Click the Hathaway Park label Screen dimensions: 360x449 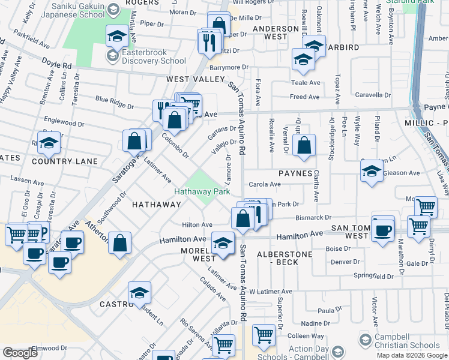click(202, 192)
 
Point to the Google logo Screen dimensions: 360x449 click(20, 353)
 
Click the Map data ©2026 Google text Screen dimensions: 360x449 click(411, 355)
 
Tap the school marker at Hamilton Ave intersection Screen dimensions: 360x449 click(223, 244)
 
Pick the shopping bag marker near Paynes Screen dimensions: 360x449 click(304, 145)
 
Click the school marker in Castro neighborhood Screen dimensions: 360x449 click(139, 293)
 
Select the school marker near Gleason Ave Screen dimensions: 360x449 click(372, 172)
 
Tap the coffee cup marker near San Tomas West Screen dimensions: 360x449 click(382, 229)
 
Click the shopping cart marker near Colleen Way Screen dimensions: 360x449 click(264, 336)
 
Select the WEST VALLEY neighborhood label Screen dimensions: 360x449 click(186, 79)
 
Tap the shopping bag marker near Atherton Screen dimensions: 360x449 click(120, 244)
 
